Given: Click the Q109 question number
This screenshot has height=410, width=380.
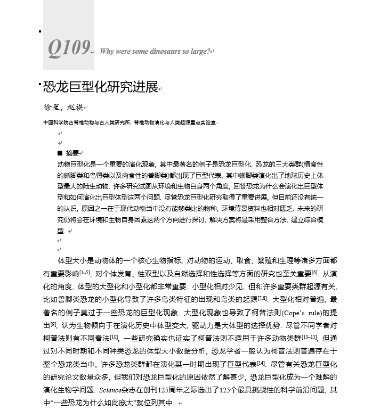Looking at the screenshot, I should (x=69, y=48).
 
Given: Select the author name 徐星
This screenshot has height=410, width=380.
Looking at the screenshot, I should (x=51, y=107).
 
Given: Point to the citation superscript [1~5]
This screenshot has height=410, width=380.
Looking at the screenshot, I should (x=85, y=273).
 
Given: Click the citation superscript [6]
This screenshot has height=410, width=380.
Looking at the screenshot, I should (x=314, y=273).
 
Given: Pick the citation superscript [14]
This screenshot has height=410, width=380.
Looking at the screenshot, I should (x=261, y=363).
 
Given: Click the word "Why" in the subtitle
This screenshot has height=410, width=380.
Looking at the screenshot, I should (x=107, y=52).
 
